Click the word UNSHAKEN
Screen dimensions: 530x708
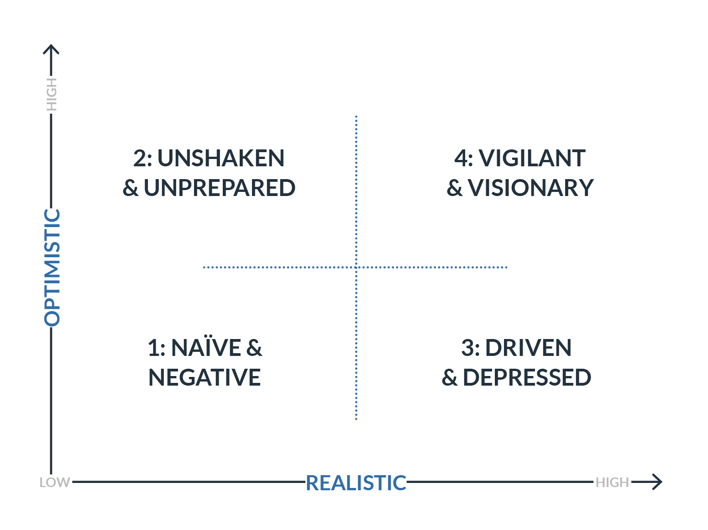tap(221, 159)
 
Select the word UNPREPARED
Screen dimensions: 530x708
tap(220, 188)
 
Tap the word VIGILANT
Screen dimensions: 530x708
tap(532, 159)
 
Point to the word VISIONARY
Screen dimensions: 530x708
tap(531, 188)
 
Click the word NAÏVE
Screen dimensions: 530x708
tap(206, 348)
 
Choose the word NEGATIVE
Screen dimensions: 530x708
tap(205, 377)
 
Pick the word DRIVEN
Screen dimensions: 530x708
tap(528, 348)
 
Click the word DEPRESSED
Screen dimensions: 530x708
tap(527, 377)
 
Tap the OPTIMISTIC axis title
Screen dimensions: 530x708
tap(52, 267)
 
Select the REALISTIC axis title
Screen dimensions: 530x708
tap(356, 483)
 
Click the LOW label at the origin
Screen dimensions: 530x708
tap(54, 482)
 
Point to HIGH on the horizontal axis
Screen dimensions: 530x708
tap(612, 482)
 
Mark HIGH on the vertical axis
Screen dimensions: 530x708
tap(52, 94)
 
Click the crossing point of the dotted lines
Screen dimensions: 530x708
tap(356, 267)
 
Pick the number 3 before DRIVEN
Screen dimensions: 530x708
tap(467, 348)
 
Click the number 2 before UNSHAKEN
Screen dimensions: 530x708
tap(140, 159)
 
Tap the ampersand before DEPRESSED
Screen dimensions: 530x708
tap(450, 378)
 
